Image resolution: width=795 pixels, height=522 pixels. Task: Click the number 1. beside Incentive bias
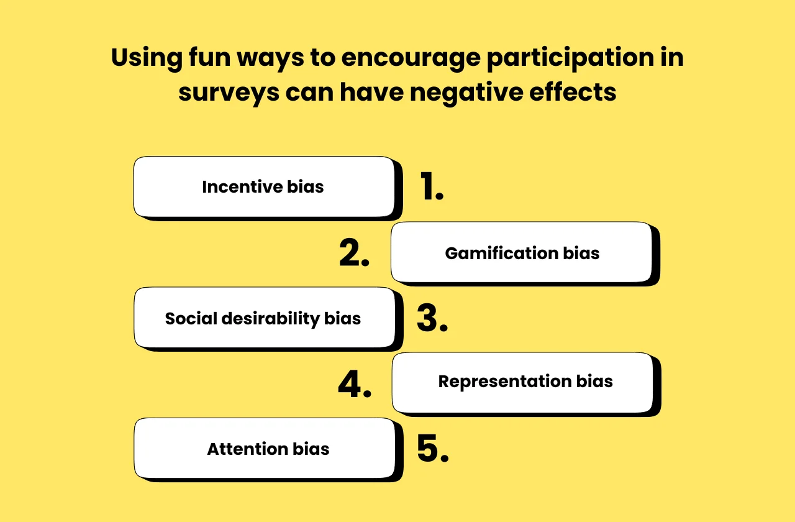432,187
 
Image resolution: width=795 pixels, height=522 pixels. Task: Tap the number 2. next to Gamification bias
354,253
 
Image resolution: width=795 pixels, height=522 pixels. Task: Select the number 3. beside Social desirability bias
432,319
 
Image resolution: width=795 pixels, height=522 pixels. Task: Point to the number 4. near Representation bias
355,384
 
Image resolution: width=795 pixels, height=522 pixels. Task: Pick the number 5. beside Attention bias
432,449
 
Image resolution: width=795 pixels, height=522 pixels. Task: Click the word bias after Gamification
581,254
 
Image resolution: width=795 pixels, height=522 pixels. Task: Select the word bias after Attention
311,449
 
